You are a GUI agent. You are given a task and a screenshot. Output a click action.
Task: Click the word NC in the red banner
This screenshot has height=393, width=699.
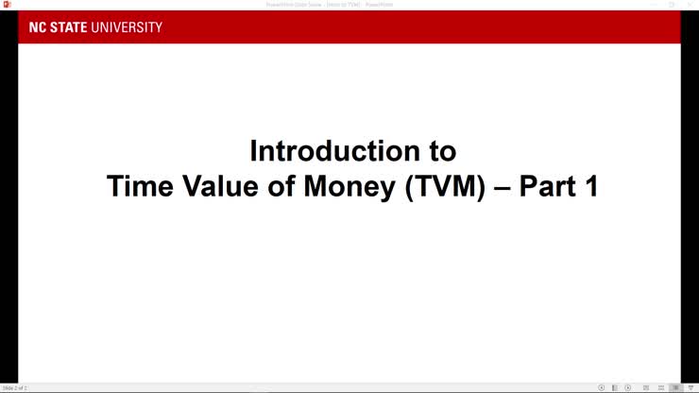coord(37,27)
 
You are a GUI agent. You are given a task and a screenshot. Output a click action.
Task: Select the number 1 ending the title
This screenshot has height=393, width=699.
coord(590,186)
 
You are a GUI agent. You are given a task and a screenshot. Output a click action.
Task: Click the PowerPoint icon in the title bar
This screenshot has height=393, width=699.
coord(7,5)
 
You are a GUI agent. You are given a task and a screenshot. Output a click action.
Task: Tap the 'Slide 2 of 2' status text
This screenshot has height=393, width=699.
coord(15,388)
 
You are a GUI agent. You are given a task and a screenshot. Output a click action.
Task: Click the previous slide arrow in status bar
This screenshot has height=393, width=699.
coord(602,388)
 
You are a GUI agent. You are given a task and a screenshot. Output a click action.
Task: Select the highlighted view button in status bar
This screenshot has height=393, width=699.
coord(675,388)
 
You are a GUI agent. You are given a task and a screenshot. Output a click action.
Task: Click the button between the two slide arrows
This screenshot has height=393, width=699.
coord(615,388)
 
